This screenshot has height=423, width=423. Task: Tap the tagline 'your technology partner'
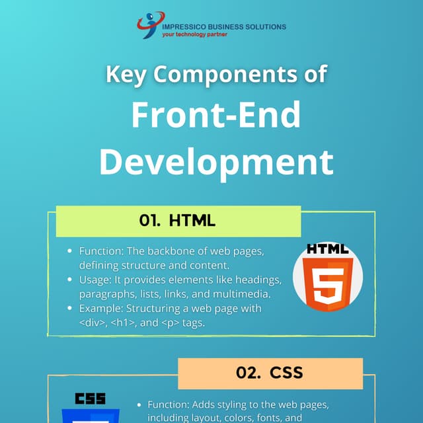pos(195,34)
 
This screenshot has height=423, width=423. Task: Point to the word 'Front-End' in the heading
pos(215,115)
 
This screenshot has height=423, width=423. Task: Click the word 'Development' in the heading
pos(216,161)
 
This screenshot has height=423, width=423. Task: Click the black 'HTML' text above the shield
pos(323,250)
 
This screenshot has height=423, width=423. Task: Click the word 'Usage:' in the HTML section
pos(96,280)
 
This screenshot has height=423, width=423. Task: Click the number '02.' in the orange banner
pos(247,373)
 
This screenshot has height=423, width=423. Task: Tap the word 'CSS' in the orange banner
pos(287,373)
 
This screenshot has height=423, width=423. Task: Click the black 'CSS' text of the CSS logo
pos(91,399)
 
